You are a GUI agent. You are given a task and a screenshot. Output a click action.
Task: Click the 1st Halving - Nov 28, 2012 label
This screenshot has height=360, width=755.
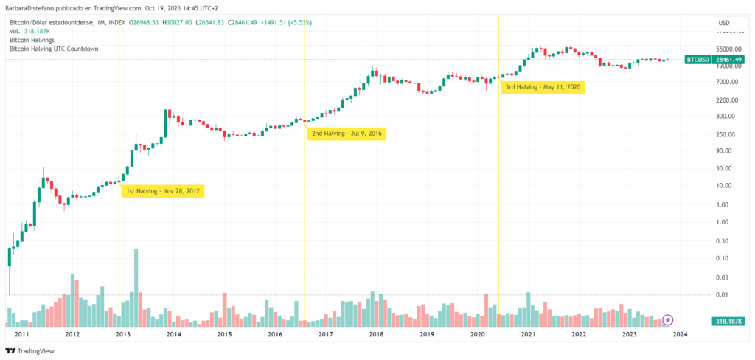pyautogui.click(x=162, y=191)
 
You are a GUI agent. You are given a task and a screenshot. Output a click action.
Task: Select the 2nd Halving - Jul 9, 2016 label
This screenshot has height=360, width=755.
pyautogui.click(x=347, y=134)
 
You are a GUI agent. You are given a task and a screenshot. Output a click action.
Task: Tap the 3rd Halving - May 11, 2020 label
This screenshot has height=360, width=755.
pyautogui.click(x=544, y=87)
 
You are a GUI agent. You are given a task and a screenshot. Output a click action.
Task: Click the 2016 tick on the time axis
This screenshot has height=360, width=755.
pyautogui.click(x=274, y=334)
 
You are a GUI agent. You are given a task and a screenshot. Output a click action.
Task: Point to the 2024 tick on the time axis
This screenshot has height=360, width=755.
pyautogui.click(x=680, y=334)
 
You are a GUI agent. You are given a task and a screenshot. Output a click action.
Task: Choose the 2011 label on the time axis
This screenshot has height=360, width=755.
pyautogui.click(x=21, y=334)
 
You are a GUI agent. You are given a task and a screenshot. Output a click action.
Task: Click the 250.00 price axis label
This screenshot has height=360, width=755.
pyautogui.click(x=727, y=134)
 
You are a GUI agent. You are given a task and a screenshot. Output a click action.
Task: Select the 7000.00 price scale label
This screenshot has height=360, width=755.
pyautogui.click(x=727, y=80)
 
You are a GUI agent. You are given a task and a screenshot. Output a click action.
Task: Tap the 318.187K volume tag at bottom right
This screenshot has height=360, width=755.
pyautogui.click(x=728, y=322)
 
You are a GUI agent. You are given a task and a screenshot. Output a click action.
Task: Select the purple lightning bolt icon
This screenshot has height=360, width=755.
pyautogui.click(x=668, y=319)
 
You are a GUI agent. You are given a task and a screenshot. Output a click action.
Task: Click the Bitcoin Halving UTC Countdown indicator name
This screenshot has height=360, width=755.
pyautogui.click(x=53, y=49)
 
